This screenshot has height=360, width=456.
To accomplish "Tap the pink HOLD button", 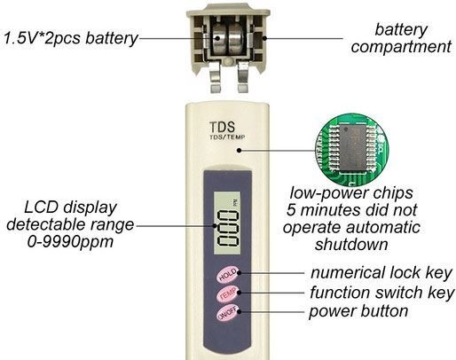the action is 227,275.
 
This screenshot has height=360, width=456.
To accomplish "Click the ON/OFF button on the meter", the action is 227,313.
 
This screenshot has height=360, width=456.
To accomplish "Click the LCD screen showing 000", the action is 227,223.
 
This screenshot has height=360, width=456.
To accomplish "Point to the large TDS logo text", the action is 222,128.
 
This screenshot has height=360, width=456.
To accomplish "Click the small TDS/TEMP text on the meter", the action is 227,137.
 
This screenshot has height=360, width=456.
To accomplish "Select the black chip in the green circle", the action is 353,149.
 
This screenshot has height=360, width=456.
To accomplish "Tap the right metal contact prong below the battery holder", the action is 243,76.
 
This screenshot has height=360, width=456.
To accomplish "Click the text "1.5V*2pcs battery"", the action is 71,38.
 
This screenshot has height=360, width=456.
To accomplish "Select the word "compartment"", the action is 401,47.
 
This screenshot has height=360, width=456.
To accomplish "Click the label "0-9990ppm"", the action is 71,242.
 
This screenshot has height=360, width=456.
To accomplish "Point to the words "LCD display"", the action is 70,207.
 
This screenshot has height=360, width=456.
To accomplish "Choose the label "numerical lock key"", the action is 381,272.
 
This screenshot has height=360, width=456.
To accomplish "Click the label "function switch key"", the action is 382,293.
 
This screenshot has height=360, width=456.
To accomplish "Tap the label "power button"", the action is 358,311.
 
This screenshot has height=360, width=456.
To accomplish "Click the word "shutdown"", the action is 351,245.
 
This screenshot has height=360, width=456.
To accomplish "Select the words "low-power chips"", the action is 351,193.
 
